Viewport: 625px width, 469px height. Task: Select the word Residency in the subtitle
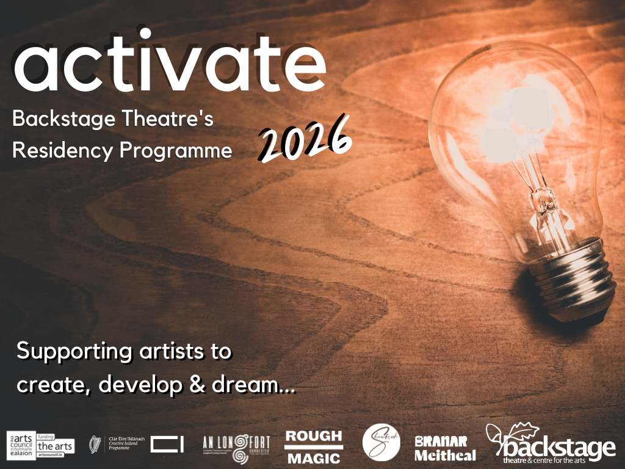(59, 151)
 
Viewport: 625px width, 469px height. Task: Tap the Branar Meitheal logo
(445, 448)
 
